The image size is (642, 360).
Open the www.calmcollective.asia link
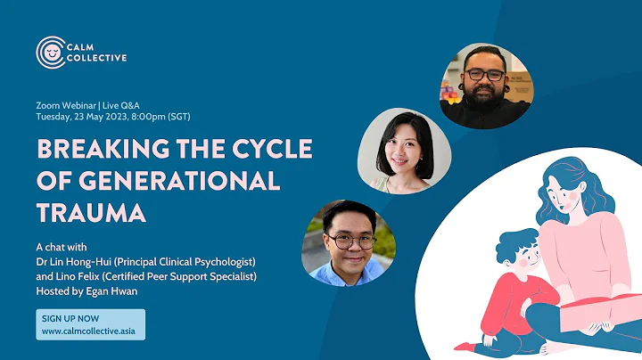[92, 331]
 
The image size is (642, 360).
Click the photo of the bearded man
[485, 85]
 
